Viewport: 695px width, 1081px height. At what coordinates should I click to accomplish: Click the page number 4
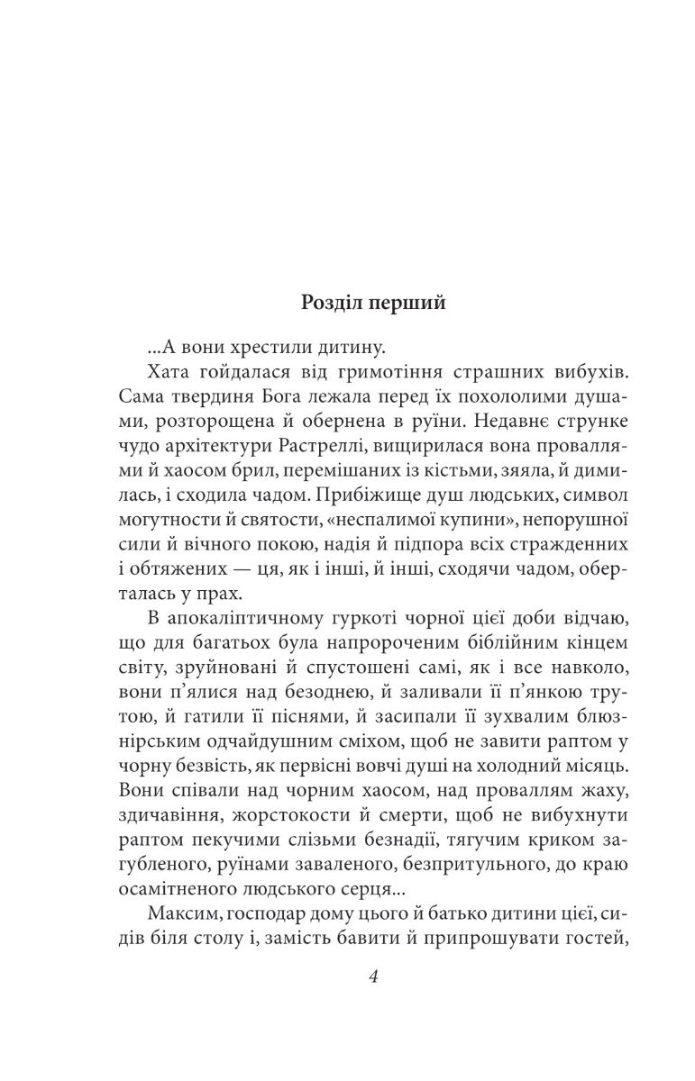(372, 978)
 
